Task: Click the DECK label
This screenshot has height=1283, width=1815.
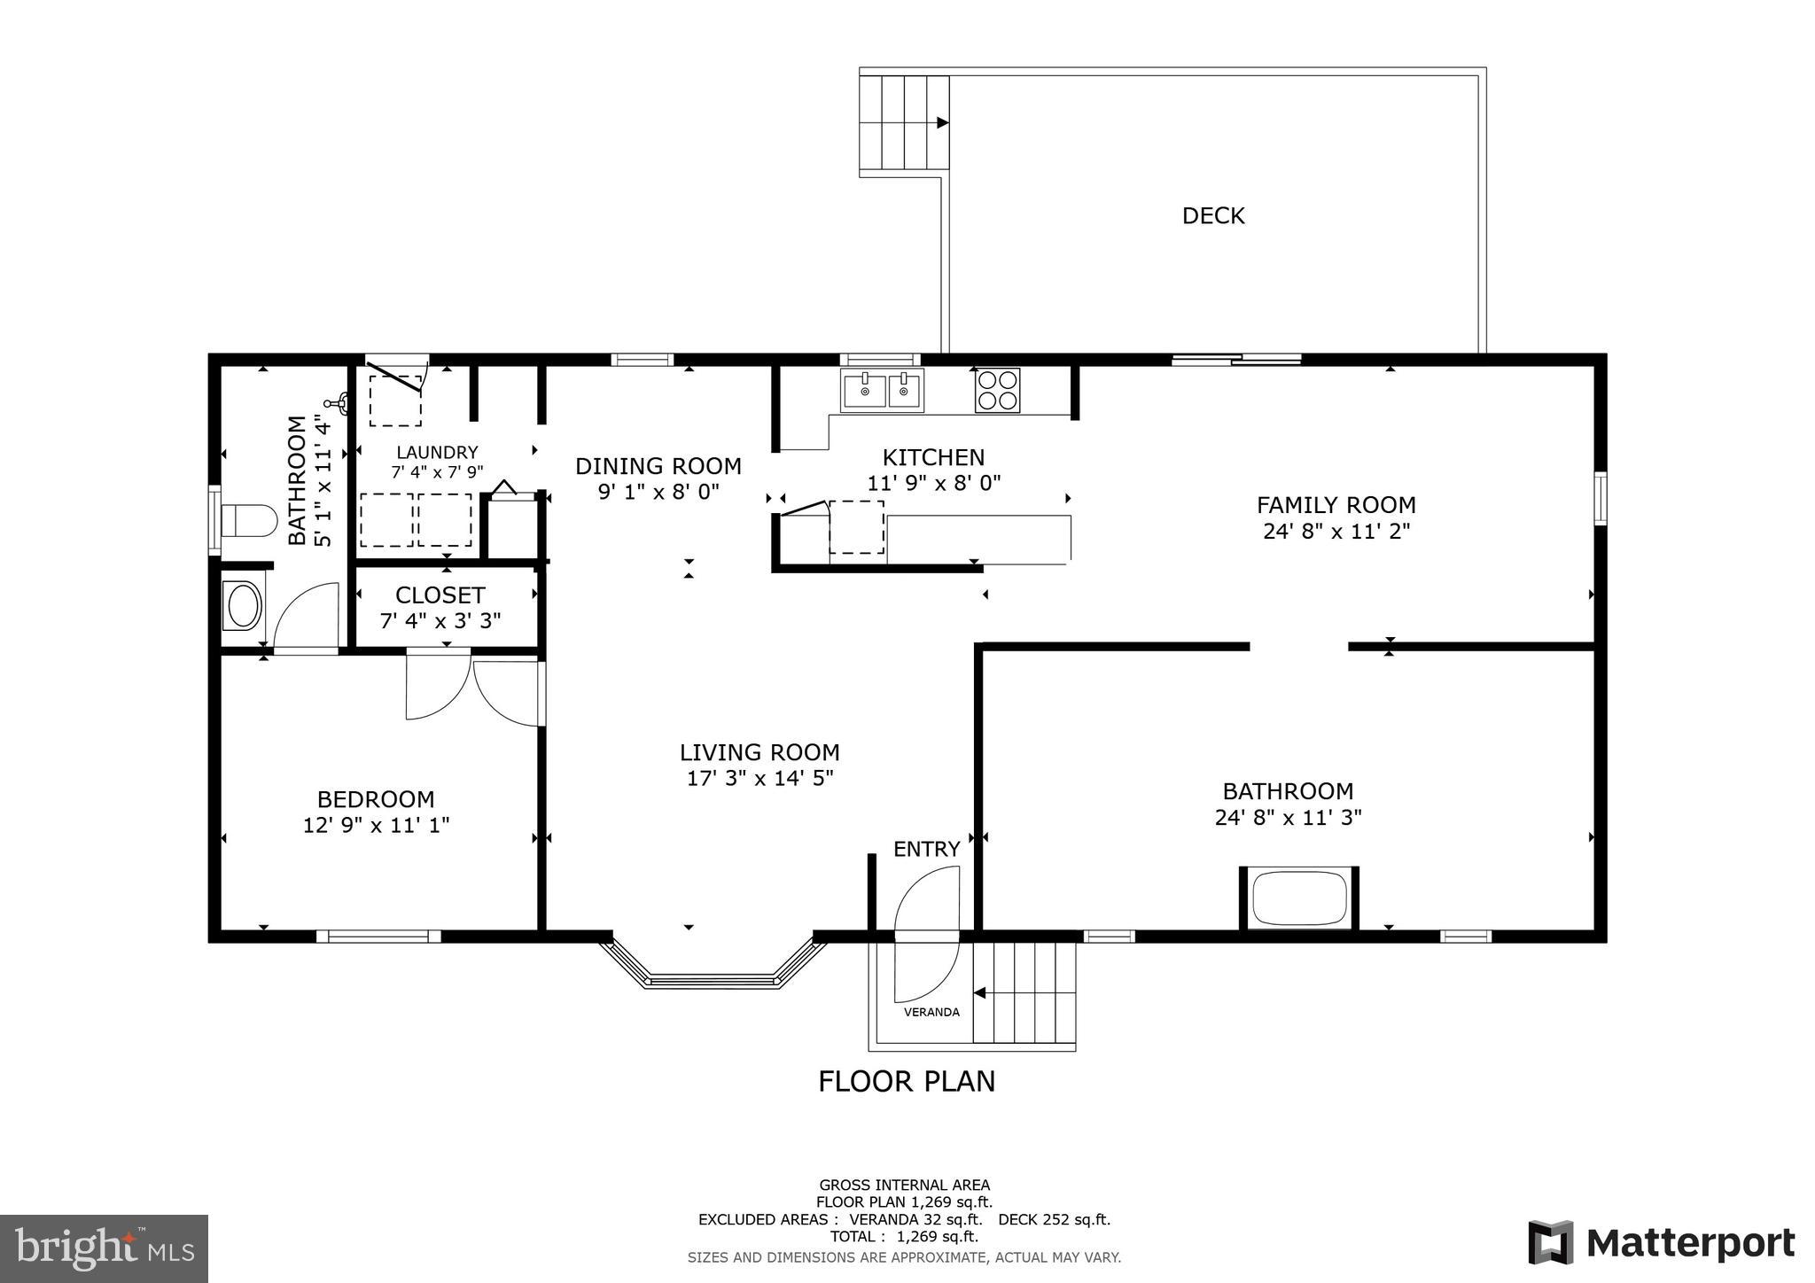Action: tap(1212, 215)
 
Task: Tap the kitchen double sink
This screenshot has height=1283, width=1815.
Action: tap(882, 391)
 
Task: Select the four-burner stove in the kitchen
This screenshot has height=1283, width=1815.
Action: tap(997, 390)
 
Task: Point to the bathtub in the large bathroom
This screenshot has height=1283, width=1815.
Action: tap(1299, 898)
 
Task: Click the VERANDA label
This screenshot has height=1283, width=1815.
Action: tap(931, 1012)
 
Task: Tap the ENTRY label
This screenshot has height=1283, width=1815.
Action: tap(926, 849)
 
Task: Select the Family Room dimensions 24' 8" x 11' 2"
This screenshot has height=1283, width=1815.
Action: tap(1336, 531)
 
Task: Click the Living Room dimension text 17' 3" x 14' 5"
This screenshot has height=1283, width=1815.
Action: tap(759, 778)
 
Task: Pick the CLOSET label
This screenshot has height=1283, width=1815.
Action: tap(440, 595)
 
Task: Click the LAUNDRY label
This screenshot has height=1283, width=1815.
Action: tap(437, 452)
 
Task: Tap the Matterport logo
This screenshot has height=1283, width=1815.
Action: tap(1661, 1242)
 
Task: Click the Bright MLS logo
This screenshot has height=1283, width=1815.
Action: tap(104, 1249)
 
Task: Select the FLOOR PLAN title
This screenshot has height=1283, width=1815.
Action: tap(906, 1081)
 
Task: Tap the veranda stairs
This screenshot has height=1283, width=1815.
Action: tap(1024, 992)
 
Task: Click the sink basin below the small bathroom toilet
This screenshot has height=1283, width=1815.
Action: tap(243, 606)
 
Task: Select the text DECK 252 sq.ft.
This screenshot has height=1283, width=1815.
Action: tap(1053, 1219)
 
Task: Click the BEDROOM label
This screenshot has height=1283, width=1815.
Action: tap(376, 799)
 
